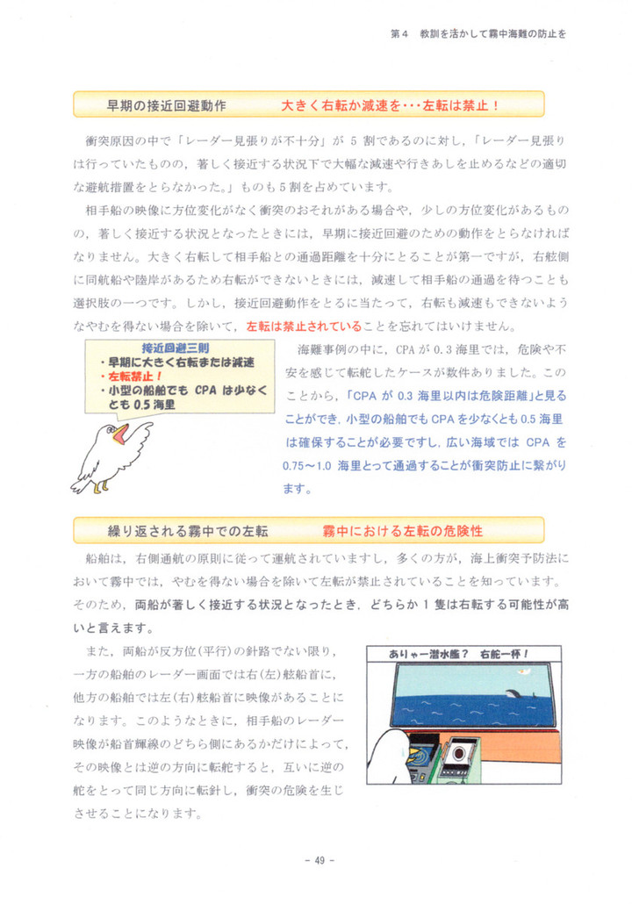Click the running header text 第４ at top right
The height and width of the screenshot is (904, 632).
click(399, 34)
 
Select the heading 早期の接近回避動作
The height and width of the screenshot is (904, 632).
click(167, 105)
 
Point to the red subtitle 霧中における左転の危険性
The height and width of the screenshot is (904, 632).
click(403, 531)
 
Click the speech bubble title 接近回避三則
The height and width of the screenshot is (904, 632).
click(175, 347)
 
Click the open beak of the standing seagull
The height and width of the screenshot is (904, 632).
click(120, 433)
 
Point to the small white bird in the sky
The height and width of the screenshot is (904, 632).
click(524, 672)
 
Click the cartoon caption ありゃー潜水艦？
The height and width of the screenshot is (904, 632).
click(430, 654)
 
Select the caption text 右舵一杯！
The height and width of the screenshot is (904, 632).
click(507, 654)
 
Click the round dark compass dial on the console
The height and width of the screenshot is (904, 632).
click(460, 752)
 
